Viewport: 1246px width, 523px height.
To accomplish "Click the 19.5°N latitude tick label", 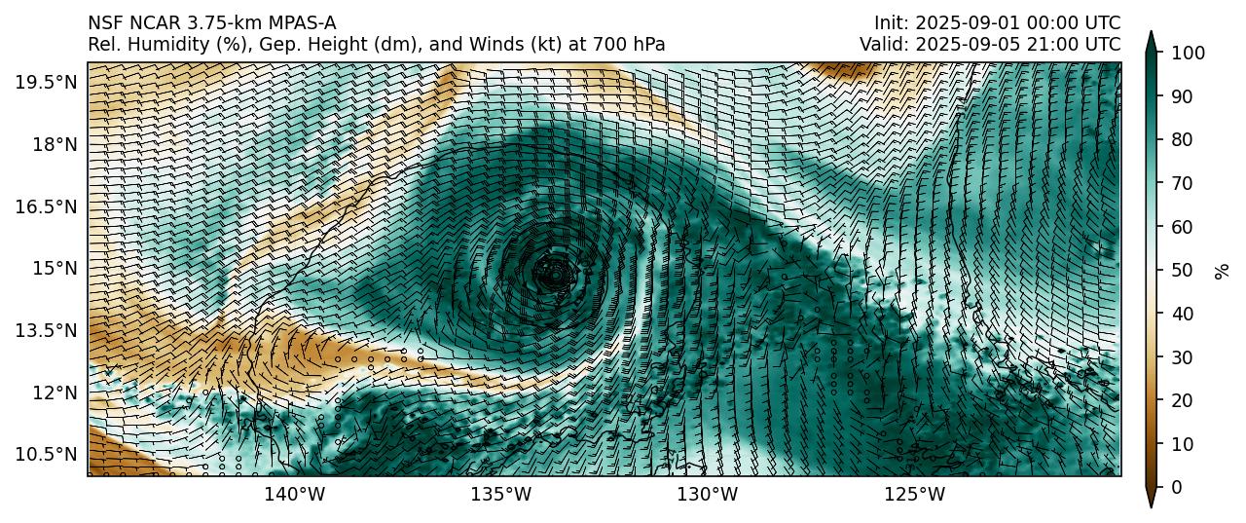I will tap(46, 82).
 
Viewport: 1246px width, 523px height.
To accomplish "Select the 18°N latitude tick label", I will tap(53, 144).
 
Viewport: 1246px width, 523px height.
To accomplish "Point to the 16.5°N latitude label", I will tap(46, 206).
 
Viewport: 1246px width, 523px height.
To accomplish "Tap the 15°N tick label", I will tap(53, 268).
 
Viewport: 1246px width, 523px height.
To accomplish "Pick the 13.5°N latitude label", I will tap(46, 330).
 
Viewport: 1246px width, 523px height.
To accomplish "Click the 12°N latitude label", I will tap(53, 392).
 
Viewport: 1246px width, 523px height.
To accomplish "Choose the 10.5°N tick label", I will tap(46, 454).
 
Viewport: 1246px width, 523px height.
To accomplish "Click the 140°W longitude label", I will tap(295, 495).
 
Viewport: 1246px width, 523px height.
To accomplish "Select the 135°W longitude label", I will tap(501, 495).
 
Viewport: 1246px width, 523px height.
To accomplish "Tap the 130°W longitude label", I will tap(708, 495).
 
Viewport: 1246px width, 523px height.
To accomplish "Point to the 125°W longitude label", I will tap(915, 495).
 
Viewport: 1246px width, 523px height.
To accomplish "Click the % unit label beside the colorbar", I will tap(1223, 270).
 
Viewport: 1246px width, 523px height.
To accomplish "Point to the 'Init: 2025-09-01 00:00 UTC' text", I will tap(997, 22).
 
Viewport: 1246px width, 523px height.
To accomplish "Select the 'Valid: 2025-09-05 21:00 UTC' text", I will tap(990, 44).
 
